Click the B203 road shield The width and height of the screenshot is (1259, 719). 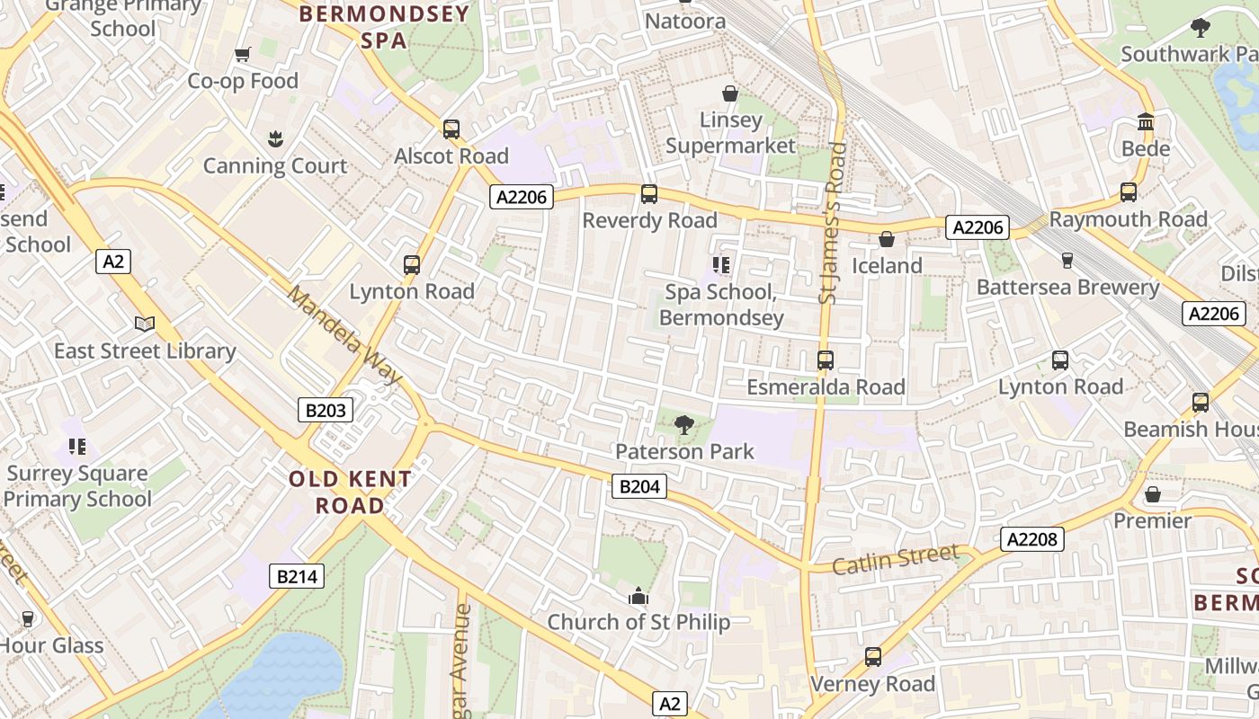point(326,411)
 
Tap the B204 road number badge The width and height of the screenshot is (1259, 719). point(639,487)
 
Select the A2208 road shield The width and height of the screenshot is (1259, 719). point(1032,539)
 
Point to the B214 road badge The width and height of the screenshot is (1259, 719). point(296,576)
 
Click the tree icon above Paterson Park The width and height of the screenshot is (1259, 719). point(684,424)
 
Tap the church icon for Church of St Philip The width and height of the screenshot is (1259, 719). point(638,596)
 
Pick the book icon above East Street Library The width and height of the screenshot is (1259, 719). point(145,324)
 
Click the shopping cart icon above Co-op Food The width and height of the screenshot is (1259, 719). point(242,55)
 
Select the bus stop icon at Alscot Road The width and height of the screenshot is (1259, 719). point(451,129)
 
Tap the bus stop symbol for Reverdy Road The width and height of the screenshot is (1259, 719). point(648,194)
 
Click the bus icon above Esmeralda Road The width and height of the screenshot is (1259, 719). point(826,360)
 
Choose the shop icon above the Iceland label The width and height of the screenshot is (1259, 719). point(887,239)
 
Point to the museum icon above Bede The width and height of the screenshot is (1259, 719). point(1146,121)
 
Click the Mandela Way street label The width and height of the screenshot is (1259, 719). point(344,334)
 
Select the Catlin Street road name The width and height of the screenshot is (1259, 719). point(895,560)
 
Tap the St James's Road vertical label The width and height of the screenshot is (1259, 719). point(834,223)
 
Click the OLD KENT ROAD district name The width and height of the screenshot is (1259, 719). point(350,492)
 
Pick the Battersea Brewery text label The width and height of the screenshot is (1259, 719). point(1067,288)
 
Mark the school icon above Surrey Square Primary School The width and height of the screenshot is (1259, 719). point(77,447)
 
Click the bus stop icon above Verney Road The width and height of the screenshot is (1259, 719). point(872,657)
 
